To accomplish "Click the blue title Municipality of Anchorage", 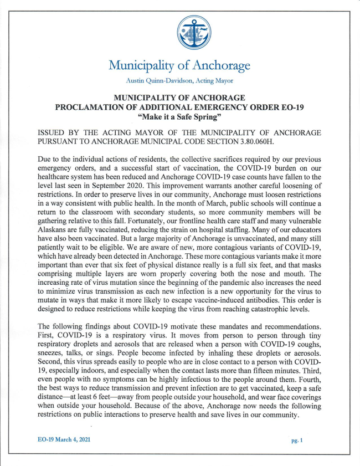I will coord(180,66).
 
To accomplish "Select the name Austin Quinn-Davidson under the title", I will coord(162,81).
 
